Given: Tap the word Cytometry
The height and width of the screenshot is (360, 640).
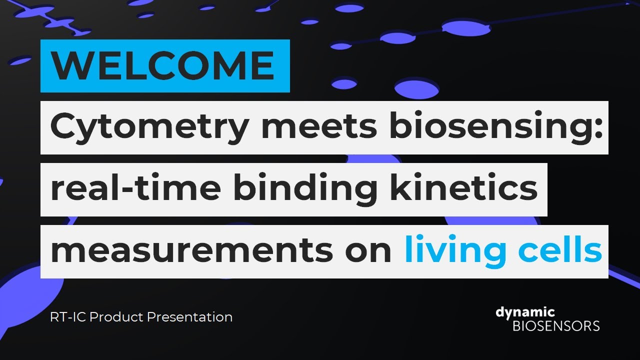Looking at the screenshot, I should coord(148,127).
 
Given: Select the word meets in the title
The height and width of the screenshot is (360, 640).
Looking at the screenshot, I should coord(318,127).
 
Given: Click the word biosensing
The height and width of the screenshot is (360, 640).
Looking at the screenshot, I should coord(488,127).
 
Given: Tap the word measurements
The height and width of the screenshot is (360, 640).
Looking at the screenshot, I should coord(191,251).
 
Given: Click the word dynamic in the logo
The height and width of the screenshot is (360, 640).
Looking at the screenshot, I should coord(525,313).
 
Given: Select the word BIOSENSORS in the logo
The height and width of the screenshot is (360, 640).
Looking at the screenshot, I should coord(556,326).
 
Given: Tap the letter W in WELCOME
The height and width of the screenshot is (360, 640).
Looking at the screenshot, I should coord(68,65).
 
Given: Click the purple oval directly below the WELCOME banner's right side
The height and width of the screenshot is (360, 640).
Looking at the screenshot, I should coord(344,83).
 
